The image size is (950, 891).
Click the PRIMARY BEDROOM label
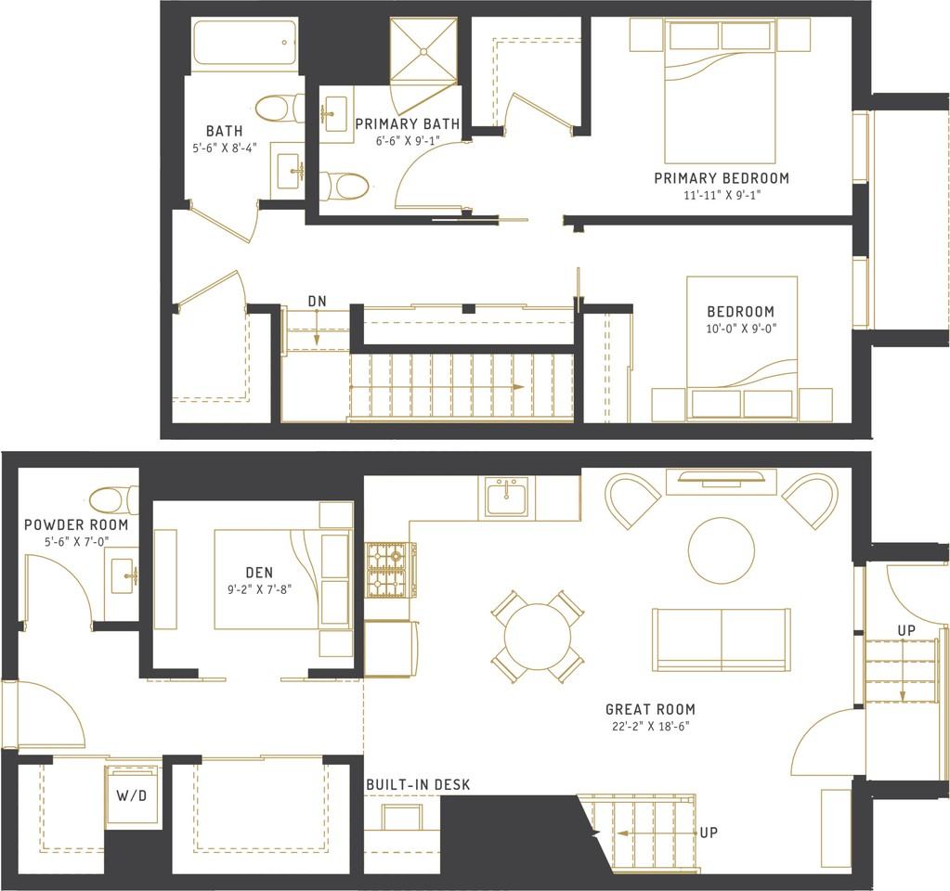pyautogui.click(x=721, y=178)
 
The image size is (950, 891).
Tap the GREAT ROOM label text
pyautogui.click(x=649, y=709)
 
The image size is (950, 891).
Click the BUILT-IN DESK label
pyautogui.click(x=417, y=785)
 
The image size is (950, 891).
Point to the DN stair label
pyautogui.click(x=317, y=301)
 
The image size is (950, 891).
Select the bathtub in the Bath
pyautogui.click(x=244, y=44)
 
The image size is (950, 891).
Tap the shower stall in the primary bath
pyautogui.click(x=424, y=50)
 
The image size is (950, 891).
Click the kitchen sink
pyautogui.click(x=506, y=497)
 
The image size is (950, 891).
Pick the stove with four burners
pyautogui.click(x=390, y=569)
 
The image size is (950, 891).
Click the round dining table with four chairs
pyautogui.click(x=537, y=637)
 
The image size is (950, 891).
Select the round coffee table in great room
pyautogui.click(x=721, y=550)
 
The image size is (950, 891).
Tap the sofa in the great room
pyautogui.click(x=721, y=639)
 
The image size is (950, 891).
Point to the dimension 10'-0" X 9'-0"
pyautogui.click(x=740, y=329)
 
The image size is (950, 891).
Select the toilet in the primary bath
pyautogui.click(x=345, y=186)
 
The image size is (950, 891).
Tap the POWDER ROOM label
pyautogui.click(x=76, y=525)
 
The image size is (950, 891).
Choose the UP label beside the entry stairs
pyautogui.click(x=906, y=631)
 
